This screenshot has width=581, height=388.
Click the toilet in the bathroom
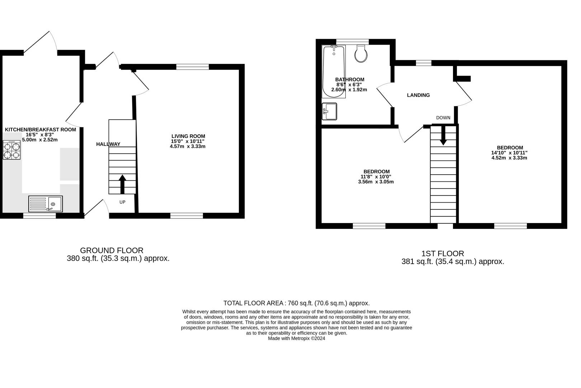(361, 54)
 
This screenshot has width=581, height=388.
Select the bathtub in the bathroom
(334, 72)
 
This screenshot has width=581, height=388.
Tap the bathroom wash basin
(329, 111)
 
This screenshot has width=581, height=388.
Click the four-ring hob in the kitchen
(12, 150)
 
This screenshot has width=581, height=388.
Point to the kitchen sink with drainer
(46, 204)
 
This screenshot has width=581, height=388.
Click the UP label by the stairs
(122, 202)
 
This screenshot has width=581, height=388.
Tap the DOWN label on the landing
(443, 118)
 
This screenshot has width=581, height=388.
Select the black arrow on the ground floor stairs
(122, 184)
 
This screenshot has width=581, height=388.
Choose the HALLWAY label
(108, 144)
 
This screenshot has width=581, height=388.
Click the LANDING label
(419, 95)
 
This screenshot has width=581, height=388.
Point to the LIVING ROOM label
(188, 136)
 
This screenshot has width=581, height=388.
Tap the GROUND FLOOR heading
(112, 250)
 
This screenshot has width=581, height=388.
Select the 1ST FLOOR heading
(443, 253)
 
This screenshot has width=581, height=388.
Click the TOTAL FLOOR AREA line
(297, 303)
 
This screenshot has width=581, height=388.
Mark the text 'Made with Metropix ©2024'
(297, 338)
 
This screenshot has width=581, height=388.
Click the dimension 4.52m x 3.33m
(509, 158)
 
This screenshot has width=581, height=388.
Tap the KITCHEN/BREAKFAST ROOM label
(41, 130)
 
